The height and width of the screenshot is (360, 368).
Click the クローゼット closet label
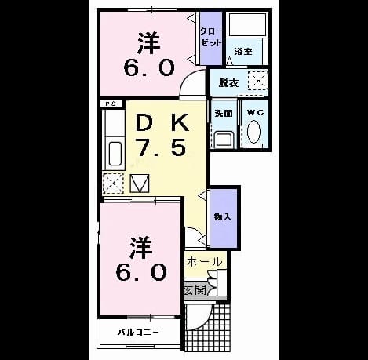[x=211, y=37]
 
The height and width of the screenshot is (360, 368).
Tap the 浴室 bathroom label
[x=243, y=52]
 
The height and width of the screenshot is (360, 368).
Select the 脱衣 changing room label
[x=228, y=83]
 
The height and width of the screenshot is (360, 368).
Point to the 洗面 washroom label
[x=224, y=113]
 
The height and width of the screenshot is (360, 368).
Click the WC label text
[x=255, y=113]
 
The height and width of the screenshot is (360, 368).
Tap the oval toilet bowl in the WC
[x=253, y=132]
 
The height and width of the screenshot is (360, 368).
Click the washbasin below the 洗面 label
[x=223, y=140]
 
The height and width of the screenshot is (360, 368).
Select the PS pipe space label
[x=111, y=104]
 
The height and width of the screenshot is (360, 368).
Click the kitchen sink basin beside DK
[x=115, y=154]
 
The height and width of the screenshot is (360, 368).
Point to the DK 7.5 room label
[x=162, y=136]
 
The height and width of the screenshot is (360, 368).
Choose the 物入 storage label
[x=223, y=216]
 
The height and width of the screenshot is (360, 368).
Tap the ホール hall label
[x=205, y=261]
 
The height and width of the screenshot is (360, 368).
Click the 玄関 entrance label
[x=195, y=290]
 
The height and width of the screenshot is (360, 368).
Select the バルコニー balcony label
[x=138, y=333]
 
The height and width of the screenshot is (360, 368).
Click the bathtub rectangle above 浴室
[x=247, y=24]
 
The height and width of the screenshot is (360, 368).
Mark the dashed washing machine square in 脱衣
[x=258, y=81]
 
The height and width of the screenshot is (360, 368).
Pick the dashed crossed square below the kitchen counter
[x=113, y=183]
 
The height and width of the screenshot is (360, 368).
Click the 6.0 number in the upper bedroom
[x=149, y=67]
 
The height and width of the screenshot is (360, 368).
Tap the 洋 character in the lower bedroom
[x=141, y=247]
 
